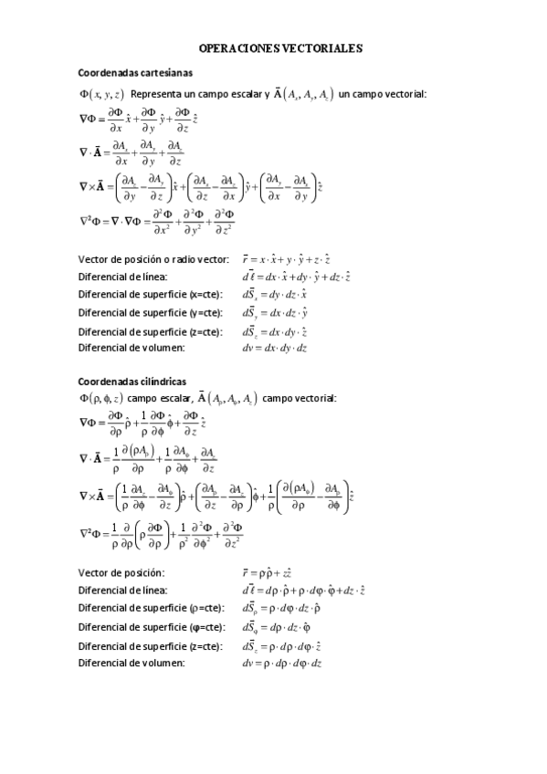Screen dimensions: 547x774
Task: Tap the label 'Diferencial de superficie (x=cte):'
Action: pos(150,294)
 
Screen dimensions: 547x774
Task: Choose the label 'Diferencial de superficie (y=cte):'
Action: pos(150,313)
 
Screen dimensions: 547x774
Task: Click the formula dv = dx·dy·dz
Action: pos(274,348)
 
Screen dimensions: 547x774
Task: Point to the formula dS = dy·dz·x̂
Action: pos(274,295)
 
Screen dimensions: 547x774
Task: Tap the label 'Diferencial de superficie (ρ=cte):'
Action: pos(151,608)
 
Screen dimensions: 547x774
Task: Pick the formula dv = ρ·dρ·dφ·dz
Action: pos(282,663)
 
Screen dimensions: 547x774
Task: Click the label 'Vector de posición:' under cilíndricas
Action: pos(121,572)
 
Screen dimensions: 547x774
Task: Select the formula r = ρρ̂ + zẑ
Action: pos(267,572)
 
